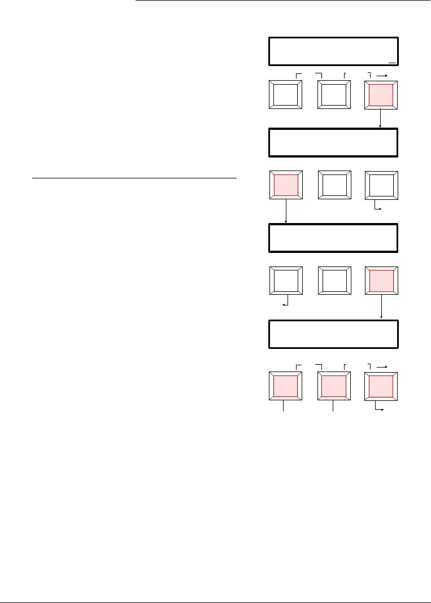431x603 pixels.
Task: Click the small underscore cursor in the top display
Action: tap(393, 62)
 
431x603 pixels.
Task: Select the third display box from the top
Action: tap(333, 238)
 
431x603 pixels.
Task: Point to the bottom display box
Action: tap(333, 334)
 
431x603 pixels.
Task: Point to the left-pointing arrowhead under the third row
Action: tap(282, 305)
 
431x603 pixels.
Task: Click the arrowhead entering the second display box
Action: tap(381, 126)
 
